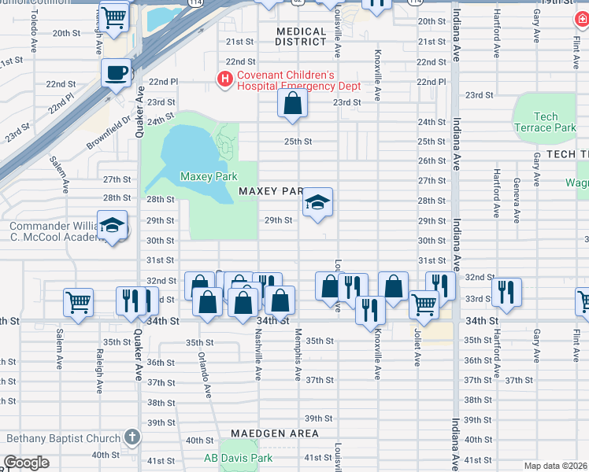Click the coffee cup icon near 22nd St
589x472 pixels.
tap(117, 73)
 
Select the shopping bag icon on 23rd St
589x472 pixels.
tap(292, 103)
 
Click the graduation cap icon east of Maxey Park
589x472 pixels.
tap(317, 203)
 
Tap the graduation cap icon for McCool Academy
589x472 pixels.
tap(112, 226)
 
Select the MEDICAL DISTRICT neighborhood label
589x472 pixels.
tap(302, 36)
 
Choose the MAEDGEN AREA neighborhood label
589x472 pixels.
tap(275, 433)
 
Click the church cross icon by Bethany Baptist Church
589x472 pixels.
tap(132, 438)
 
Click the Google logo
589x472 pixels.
tap(26, 463)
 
